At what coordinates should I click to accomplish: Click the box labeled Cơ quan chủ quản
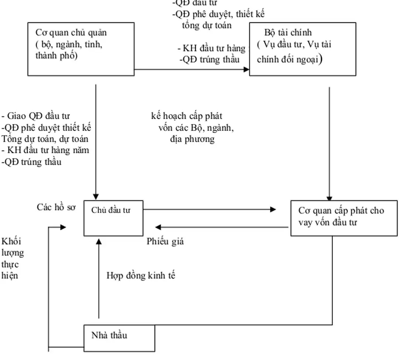click(81, 49)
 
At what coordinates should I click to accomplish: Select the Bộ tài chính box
click(303, 49)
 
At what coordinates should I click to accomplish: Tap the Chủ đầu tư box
click(113, 218)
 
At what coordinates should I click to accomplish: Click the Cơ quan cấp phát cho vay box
click(344, 218)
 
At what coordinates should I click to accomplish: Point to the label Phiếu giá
click(165, 242)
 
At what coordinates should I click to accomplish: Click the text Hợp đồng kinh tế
click(141, 275)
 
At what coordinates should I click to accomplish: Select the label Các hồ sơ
click(56, 207)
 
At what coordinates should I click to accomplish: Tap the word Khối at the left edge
click(11, 241)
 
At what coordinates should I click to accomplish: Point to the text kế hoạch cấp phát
click(187, 116)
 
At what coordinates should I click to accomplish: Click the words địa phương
click(192, 139)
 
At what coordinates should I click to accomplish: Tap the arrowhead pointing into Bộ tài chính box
click(246, 69)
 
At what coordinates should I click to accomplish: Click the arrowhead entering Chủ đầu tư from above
click(96, 197)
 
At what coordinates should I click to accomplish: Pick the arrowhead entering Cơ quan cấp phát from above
click(329, 198)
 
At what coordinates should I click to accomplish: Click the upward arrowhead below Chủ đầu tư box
click(99, 241)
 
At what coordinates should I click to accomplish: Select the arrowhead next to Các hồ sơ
click(63, 227)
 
